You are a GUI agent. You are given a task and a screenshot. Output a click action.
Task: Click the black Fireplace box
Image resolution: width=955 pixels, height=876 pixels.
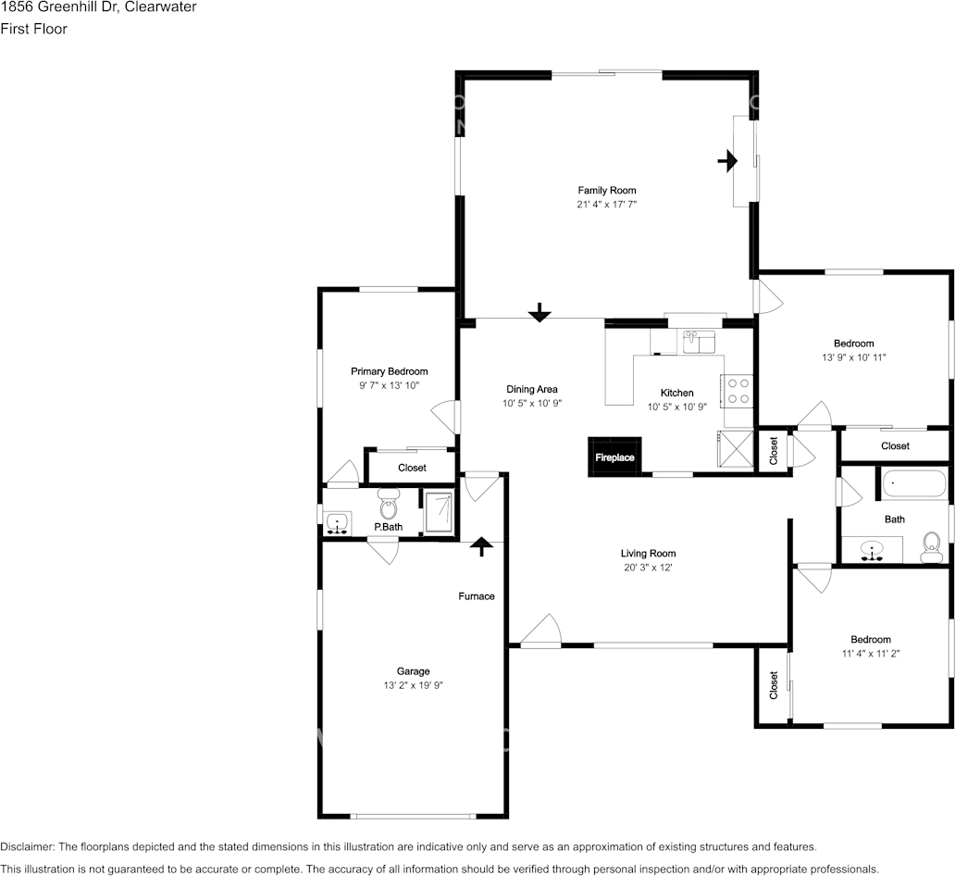click(x=614, y=457)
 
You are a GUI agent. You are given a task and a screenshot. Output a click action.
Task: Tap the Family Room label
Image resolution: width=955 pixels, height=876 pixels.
click(x=607, y=190)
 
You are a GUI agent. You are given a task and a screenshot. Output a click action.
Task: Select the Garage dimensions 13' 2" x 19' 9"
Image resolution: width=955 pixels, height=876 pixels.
click(x=413, y=685)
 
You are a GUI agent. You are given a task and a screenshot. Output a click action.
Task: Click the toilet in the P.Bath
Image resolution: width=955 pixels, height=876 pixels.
click(x=388, y=503)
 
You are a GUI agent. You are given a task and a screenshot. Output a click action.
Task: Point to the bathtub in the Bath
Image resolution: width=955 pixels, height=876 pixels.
click(x=915, y=484)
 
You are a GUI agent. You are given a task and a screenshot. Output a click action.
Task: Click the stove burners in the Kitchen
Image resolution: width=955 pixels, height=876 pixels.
click(x=738, y=391)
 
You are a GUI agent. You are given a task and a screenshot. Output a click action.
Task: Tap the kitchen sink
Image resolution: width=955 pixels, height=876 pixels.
click(x=700, y=342)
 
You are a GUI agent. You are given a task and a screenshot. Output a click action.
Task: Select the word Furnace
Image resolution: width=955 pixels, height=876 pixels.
click(x=477, y=596)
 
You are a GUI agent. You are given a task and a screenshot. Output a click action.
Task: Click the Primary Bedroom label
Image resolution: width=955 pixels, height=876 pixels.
click(x=390, y=371)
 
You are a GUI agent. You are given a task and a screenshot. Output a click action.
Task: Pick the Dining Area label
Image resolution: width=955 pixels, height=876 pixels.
click(x=532, y=389)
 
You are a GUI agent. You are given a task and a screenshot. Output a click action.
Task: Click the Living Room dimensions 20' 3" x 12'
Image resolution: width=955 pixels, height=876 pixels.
click(x=648, y=568)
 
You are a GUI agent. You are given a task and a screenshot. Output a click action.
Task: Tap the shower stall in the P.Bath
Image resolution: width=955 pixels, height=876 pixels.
click(x=439, y=512)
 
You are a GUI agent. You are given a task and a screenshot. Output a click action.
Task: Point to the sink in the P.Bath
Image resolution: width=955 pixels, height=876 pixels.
click(x=337, y=523)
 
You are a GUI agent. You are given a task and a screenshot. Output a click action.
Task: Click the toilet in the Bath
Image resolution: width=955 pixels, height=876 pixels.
click(x=931, y=547)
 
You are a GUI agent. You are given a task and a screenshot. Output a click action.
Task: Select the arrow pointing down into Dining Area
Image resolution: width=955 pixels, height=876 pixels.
click(x=539, y=312)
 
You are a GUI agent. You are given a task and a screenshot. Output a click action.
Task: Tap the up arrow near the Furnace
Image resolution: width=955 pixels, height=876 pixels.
click(x=482, y=546)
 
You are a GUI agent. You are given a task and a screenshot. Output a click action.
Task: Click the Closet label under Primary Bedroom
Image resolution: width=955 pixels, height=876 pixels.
click(x=412, y=468)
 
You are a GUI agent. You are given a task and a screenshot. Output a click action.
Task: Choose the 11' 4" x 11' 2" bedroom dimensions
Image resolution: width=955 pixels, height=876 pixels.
click(x=871, y=654)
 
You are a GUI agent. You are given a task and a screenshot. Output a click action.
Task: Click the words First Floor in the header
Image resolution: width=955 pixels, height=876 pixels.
click(x=33, y=29)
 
